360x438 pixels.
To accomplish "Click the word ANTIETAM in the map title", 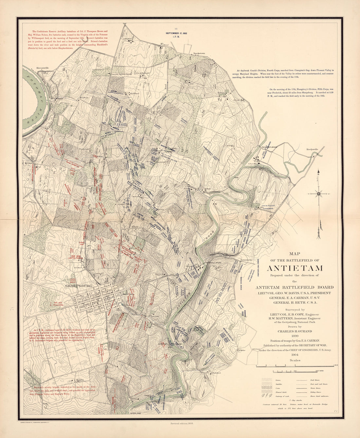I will [x=295, y=268].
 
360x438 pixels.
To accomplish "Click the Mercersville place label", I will [x=43, y=68].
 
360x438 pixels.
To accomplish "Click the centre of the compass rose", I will [x=318, y=194].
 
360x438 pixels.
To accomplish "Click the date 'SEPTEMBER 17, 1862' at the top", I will [x=176, y=33].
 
